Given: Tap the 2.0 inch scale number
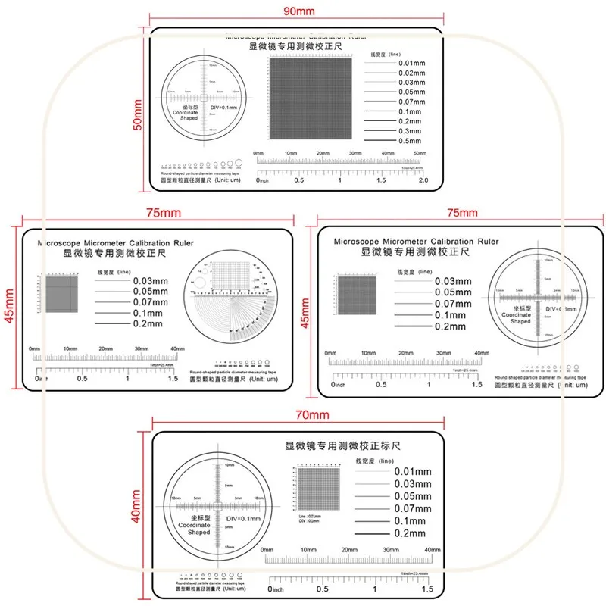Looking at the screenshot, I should tap(423, 180).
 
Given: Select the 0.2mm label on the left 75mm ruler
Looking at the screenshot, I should tap(148, 323).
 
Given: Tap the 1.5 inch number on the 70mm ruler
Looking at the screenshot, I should tap(426, 589).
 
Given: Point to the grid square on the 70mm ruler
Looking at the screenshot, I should tap(319, 489).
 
